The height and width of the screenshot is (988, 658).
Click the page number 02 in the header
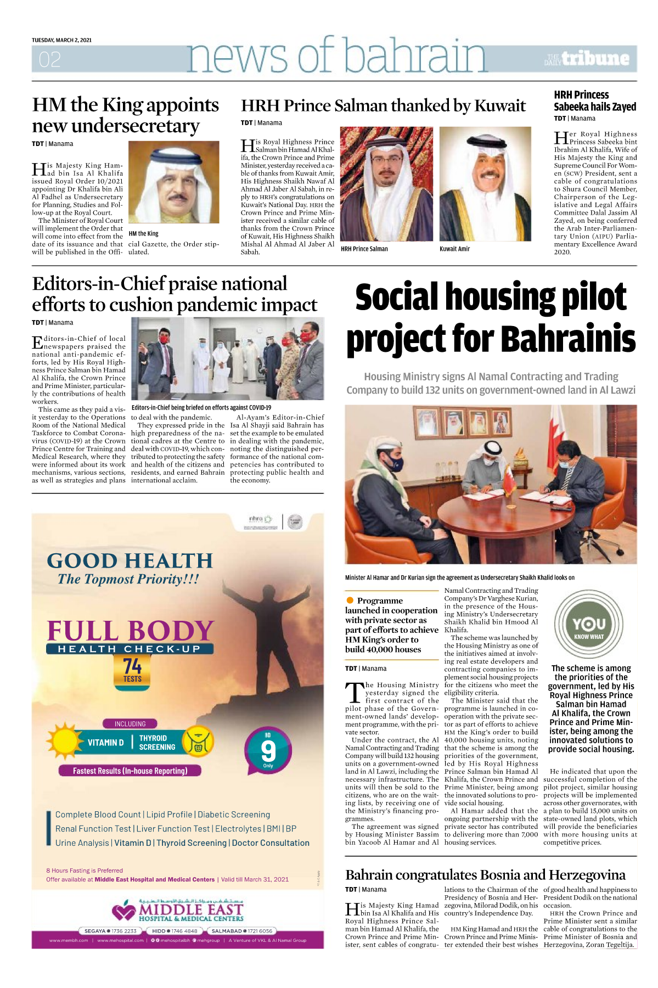pos(49,59)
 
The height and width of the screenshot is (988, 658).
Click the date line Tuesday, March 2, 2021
pos(61,40)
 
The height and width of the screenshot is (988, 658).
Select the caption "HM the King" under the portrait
pos(143,233)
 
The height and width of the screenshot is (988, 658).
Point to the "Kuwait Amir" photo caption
pos(454,249)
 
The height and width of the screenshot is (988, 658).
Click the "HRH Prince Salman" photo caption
pos(364,249)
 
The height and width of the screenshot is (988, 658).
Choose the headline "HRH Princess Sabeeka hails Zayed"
pos(594,100)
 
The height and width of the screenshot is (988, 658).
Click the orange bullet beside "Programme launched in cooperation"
pos(350,600)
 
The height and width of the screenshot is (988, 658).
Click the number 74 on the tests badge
pos(132,666)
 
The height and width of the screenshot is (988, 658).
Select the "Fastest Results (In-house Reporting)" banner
pos(130,771)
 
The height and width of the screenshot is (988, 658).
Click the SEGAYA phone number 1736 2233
pos(124,931)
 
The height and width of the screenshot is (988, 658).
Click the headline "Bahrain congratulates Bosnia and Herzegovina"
pos(485,874)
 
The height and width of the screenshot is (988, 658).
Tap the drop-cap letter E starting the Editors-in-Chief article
pos(37,343)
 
